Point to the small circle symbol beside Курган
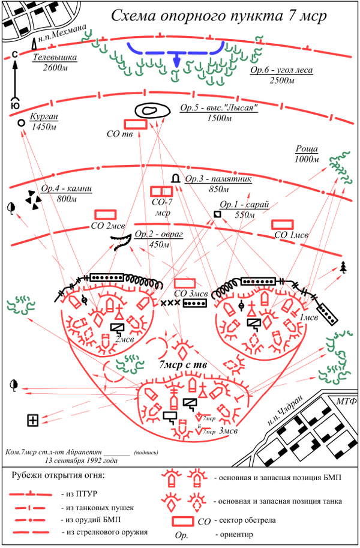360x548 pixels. pyautogui.click(x=22, y=122)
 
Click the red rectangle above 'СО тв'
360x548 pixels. pyautogui.click(x=135, y=122)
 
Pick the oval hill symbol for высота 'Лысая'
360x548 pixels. pyautogui.click(x=150, y=110)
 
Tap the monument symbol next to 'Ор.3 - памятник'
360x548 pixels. pyautogui.click(x=176, y=179)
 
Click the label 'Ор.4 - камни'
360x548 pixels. pyautogui.click(x=67, y=189)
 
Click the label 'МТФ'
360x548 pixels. pyautogui.click(x=346, y=400)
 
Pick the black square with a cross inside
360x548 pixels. pyautogui.click(x=33, y=421)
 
